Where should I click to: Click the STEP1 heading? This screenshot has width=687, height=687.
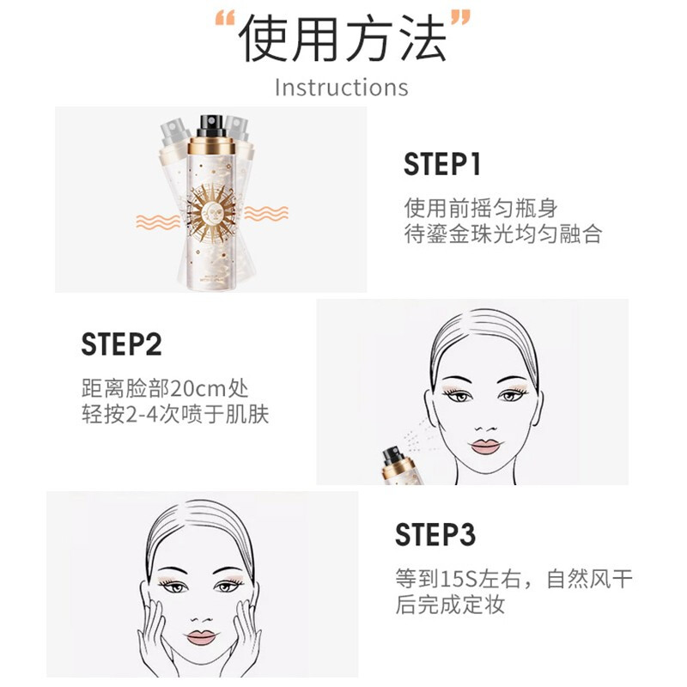442,165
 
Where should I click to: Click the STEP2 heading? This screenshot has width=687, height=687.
121,344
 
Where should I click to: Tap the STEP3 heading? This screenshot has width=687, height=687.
435,534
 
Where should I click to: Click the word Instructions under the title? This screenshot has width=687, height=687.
341,88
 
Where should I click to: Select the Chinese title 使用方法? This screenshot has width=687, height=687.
343,39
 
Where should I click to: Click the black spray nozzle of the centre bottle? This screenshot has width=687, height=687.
210,125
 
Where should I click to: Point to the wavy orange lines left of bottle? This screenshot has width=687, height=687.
158,222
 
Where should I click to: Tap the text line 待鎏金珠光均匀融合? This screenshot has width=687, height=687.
502,234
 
